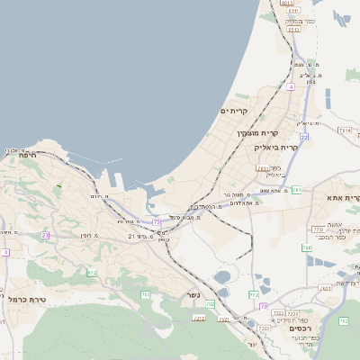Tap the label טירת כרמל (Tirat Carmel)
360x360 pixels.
tap(27, 299)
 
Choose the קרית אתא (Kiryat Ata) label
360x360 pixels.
tap(346, 197)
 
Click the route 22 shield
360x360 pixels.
tap(304, 137)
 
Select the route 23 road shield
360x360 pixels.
tap(45, 235)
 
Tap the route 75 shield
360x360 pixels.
tap(157, 221)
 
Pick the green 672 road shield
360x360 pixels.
tap(91, 272)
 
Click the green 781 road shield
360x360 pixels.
tap(296, 190)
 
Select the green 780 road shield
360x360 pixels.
tap(306, 247)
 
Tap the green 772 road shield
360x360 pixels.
tap(254, 294)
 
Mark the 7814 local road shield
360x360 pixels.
tap(343, 130)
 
